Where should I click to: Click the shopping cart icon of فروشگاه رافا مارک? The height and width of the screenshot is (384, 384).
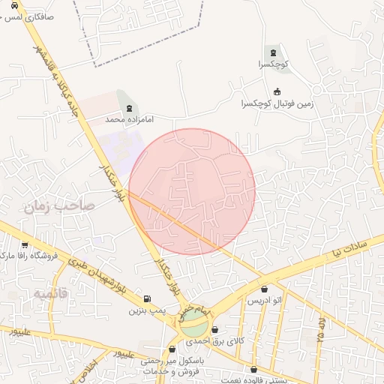click(25, 245)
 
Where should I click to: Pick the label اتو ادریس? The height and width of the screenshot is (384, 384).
click(264, 300)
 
